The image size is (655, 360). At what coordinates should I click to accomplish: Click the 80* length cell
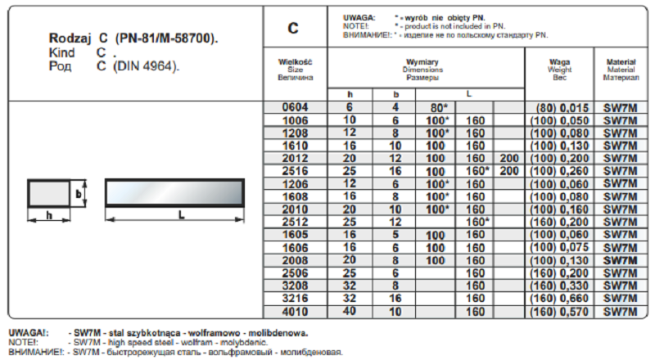pos(433,108)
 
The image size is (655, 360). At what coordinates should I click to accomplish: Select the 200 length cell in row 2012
pos(508,158)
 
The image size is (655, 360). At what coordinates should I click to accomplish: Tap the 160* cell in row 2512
pos(478,222)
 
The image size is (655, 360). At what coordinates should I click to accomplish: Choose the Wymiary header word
pos(422,62)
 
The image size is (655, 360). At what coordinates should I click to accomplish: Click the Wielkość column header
pos(296,62)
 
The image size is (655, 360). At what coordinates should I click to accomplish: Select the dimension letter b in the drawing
pos(79,194)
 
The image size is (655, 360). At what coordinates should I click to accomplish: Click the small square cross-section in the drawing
pos(47,194)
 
